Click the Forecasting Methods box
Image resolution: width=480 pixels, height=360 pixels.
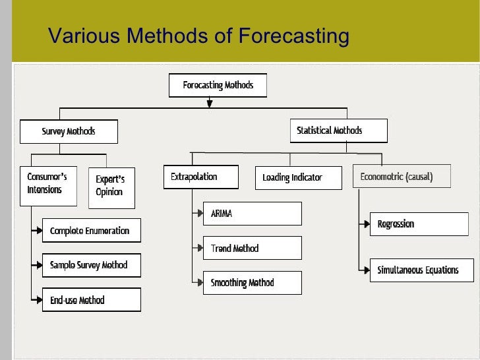(218, 86)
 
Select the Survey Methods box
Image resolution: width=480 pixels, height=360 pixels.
(69, 131)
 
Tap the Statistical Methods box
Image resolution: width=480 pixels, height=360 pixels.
(338, 131)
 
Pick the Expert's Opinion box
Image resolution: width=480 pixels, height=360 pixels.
(111, 188)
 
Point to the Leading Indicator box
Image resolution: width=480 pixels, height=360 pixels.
(298, 178)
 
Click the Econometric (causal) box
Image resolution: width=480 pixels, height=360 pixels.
(402, 177)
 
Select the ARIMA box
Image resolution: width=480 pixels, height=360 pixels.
(252, 214)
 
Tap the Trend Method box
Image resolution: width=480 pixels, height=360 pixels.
(252, 248)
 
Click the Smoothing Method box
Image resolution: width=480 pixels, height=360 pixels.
(252, 283)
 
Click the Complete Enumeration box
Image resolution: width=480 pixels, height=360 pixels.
(92, 231)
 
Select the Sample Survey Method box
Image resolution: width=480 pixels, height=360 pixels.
(92, 265)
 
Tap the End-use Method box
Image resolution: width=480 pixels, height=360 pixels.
(92, 300)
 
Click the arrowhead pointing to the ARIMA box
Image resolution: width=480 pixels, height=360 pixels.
(198, 214)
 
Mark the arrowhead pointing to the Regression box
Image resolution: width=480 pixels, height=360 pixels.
(366, 225)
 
